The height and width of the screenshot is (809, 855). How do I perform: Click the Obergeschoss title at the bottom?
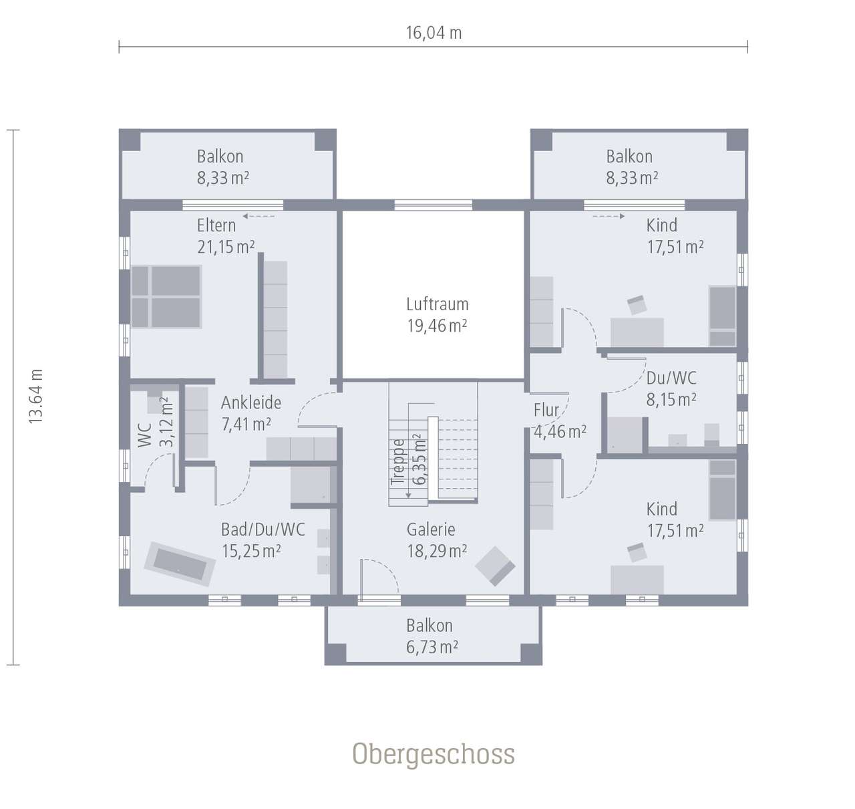[x=434, y=754]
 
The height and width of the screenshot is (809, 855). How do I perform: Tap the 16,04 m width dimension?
[x=434, y=33]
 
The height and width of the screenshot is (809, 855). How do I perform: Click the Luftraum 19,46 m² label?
[x=437, y=315]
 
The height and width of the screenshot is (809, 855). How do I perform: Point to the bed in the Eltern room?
[x=166, y=297]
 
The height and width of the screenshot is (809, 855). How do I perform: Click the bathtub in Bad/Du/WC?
[x=179, y=564]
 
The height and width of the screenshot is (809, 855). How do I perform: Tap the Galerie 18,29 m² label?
[x=436, y=540]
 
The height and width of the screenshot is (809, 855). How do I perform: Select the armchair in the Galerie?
[x=495, y=566]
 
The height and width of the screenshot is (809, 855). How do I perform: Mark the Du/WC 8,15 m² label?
[x=671, y=388]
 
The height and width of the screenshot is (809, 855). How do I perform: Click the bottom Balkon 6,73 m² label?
[x=432, y=636]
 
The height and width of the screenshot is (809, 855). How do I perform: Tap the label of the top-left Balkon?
[x=222, y=167]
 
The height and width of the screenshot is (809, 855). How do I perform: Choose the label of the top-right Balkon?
[x=631, y=167]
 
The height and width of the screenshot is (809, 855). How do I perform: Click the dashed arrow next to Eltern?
[x=259, y=216]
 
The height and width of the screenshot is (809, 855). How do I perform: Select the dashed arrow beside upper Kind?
[x=608, y=216]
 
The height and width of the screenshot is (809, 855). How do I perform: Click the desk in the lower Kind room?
[x=637, y=579]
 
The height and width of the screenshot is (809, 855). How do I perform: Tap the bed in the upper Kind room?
[x=722, y=316]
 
